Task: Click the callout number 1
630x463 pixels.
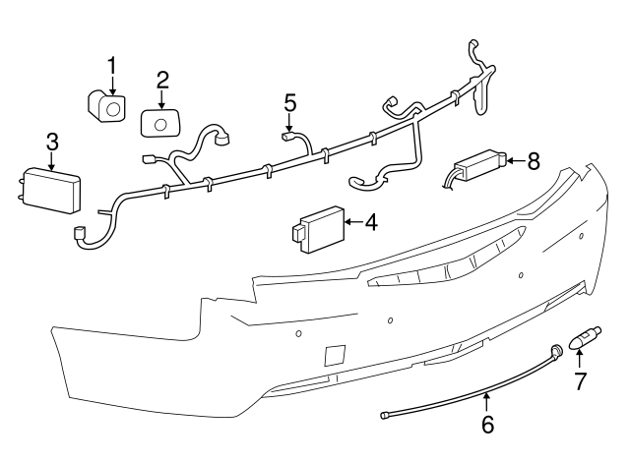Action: click(111, 66)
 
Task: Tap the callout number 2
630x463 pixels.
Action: click(162, 80)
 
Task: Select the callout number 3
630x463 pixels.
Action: click(51, 144)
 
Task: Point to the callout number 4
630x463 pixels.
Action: click(370, 223)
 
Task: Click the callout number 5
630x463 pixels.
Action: click(289, 102)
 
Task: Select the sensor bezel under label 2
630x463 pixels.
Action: click(160, 122)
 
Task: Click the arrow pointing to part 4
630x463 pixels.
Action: click(352, 224)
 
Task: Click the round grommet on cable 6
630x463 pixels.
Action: click(556, 350)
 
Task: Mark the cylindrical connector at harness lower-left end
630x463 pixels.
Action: click(77, 235)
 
